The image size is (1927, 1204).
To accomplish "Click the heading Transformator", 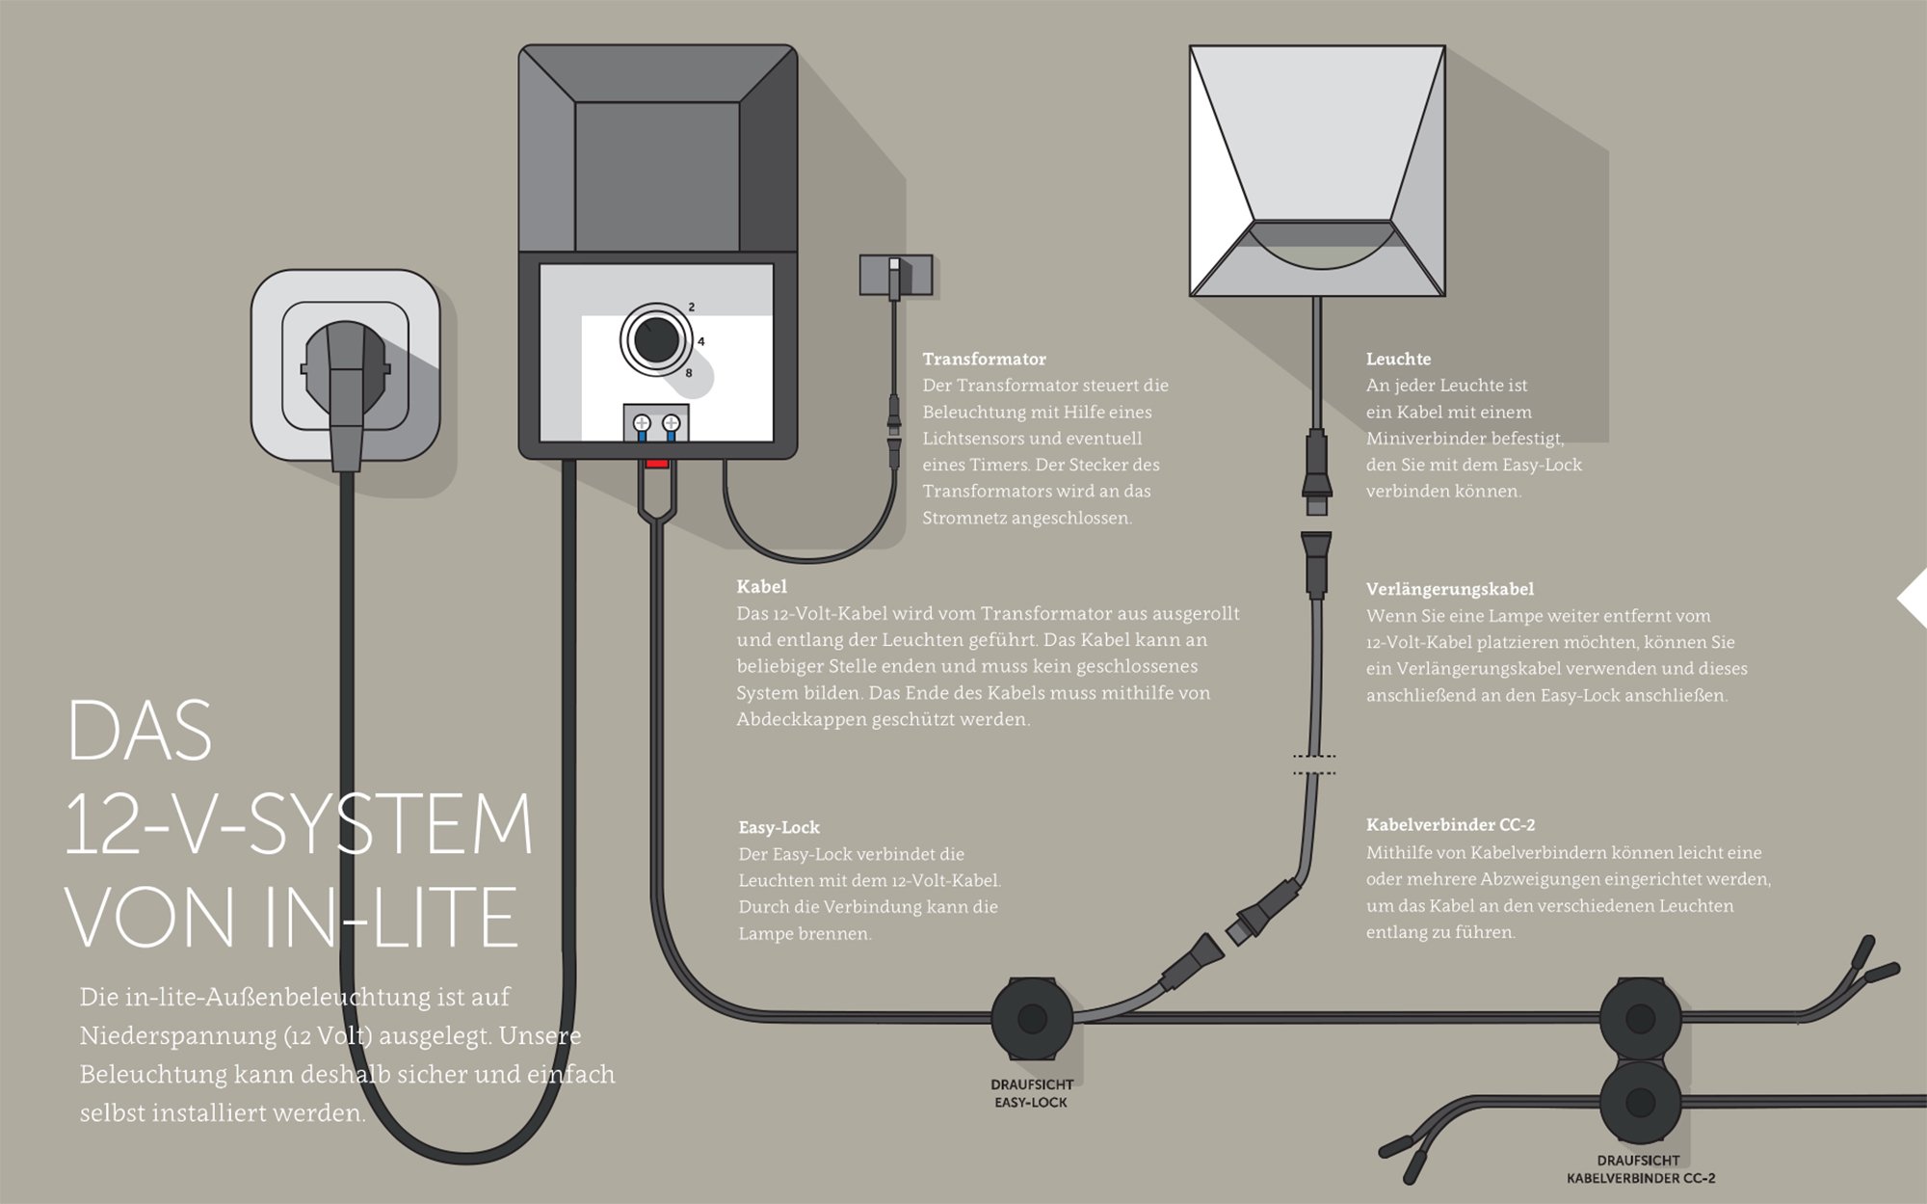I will [984, 360].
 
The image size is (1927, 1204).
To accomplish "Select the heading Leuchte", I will [1398, 360].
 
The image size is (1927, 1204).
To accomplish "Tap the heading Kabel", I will [761, 587].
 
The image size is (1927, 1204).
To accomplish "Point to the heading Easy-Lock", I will [779, 827].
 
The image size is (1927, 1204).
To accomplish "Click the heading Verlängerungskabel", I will [1449, 589].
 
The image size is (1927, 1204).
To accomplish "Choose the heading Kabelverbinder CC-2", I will [1450, 825].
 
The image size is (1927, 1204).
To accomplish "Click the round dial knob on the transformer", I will [656, 339].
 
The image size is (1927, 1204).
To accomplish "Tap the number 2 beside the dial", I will [692, 308].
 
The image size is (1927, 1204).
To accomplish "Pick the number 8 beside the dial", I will [689, 372].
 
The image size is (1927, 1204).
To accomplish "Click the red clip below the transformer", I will [657, 464].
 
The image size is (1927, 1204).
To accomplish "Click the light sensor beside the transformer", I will [895, 275].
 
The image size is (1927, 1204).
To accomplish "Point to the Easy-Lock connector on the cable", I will [1032, 1018].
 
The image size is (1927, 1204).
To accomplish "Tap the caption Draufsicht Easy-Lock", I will [1031, 1093].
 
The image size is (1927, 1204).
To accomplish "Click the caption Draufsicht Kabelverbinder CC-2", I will [1640, 1169].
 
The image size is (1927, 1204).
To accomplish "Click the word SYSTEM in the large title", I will [390, 825].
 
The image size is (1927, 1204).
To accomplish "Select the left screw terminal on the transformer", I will [642, 423].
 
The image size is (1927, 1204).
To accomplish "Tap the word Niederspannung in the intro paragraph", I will [178, 1036].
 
